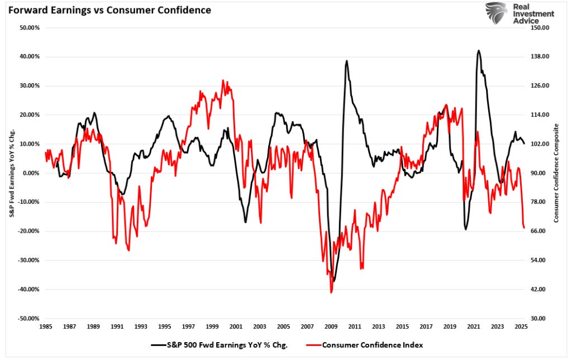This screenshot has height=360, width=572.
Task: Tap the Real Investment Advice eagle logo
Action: (x=496, y=13)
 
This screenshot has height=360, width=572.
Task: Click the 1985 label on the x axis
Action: (x=46, y=327)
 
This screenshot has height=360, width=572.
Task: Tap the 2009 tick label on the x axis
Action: (x=331, y=327)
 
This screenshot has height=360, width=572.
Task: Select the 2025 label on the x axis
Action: (x=521, y=327)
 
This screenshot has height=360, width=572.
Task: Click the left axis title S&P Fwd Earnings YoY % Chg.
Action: (x=12, y=173)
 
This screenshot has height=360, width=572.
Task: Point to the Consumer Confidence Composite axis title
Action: (x=556, y=173)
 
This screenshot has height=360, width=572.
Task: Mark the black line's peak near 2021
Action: (x=479, y=50)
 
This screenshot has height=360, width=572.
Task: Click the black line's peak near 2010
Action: (x=347, y=61)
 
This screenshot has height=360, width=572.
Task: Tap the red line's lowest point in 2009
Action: (x=331, y=292)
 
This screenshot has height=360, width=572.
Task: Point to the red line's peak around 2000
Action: (x=223, y=80)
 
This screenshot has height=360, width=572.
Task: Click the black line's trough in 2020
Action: (x=466, y=229)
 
